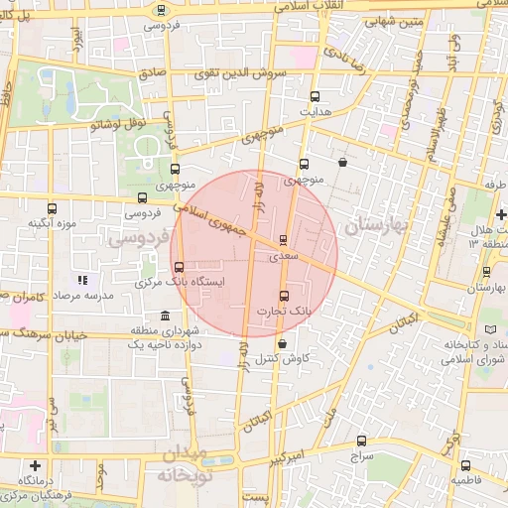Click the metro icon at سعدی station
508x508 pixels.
283,239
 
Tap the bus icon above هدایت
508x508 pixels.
316,97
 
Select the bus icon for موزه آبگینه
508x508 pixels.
53,208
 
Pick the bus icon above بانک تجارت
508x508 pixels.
286,296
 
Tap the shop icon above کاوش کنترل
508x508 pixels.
284,343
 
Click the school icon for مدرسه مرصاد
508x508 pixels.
83,281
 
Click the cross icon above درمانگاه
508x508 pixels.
36,465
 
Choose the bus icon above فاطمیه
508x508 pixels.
465,465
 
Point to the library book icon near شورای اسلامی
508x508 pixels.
490,329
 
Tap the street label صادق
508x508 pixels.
152,72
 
